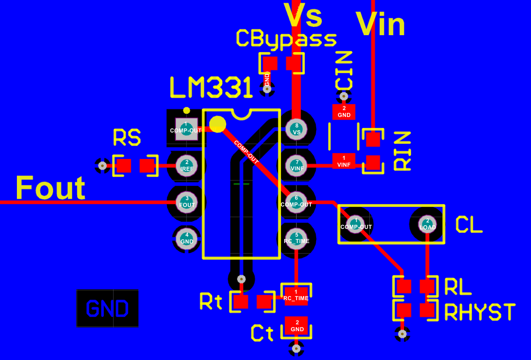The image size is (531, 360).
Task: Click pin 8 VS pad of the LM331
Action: click(x=297, y=128)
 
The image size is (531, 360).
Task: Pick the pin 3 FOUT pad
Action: click(x=187, y=201)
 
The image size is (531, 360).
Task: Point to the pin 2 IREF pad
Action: click(x=187, y=165)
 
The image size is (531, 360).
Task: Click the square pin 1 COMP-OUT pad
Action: click(x=186, y=127)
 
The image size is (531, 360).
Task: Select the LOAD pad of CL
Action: click(x=427, y=224)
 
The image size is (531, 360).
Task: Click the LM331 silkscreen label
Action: click(x=211, y=87)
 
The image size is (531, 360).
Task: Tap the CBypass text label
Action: click(x=287, y=39)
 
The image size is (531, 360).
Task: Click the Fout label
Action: click(x=50, y=188)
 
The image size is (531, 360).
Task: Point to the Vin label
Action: click(x=381, y=25)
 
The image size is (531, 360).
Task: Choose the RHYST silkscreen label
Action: click(x=480, y=312)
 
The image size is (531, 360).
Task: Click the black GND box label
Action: click(x=107, y=308)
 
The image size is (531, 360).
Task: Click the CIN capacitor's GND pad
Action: click(x=344, y=112)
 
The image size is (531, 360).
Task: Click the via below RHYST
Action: click(x=402, y=334)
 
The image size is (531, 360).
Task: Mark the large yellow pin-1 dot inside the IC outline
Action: click(x=218, y=124)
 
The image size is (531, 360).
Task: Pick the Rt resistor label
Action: click(x=211, y=301)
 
